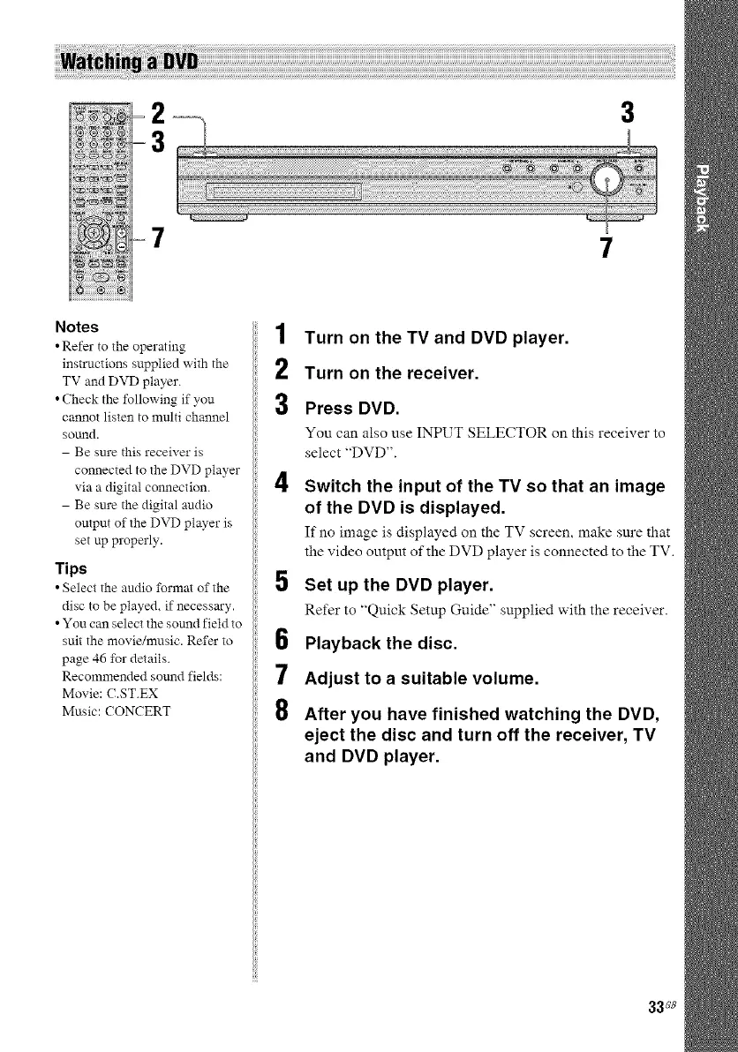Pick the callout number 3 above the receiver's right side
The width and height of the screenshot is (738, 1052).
point(628,113)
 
